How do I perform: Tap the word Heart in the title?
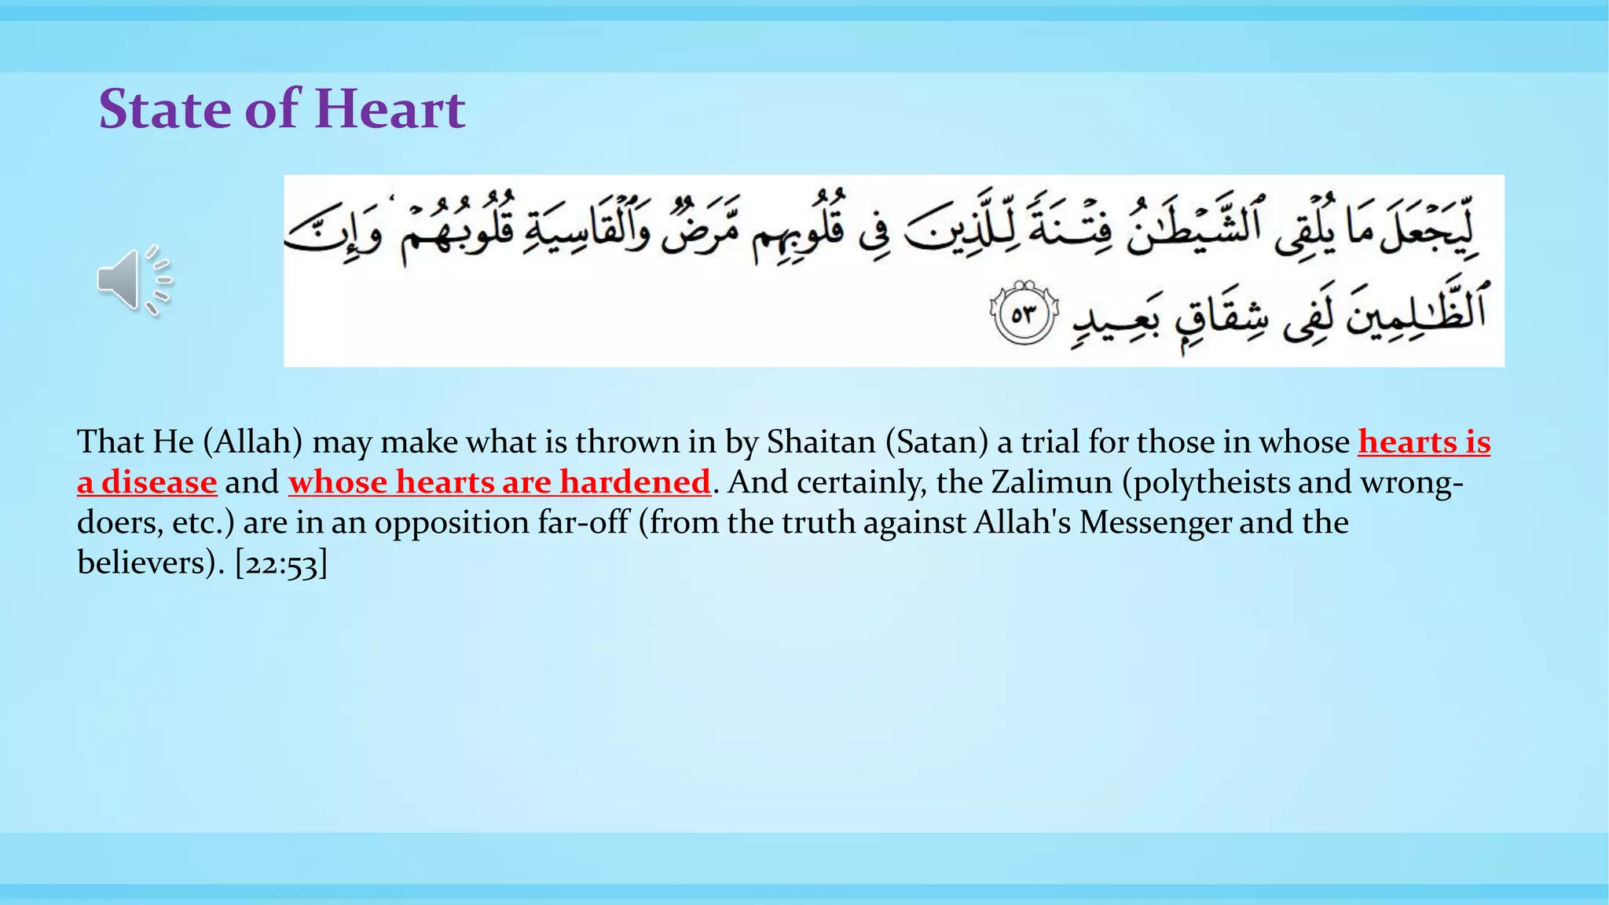click(390, 108)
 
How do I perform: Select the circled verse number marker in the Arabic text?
click(1024, 314)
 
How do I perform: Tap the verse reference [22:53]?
click(280, 563)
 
